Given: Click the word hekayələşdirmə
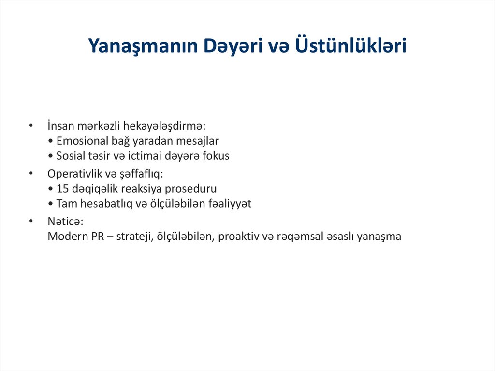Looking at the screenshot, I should [164, 126].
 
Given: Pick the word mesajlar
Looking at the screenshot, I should [198, 141].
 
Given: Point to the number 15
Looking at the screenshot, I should [62, 189].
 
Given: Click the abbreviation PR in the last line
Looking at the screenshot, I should [98, 237].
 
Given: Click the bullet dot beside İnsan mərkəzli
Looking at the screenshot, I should [31, 126].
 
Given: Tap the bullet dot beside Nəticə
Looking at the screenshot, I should [31, 221].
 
